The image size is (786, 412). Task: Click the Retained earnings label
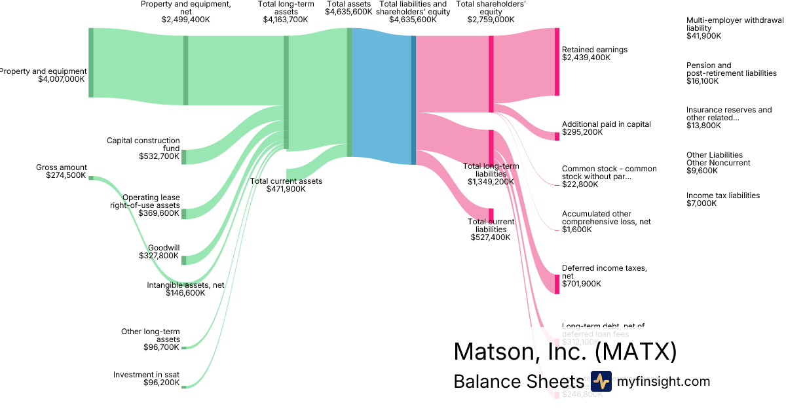click(x=594, y=50)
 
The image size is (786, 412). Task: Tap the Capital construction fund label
click(x=143, y=144)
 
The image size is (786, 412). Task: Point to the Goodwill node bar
click(x=184, y=260)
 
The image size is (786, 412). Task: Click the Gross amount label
click(x=62, y=167)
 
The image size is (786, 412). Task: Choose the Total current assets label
click(x=286, y=181)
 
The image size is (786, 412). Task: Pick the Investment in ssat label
click(x=146, y=375)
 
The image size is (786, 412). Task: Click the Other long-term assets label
click(x=150, y=335)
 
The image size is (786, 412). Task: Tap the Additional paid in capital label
click(x=606, y=124)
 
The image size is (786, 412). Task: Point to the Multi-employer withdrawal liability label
click(x=734, y=24)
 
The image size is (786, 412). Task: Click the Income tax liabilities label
click(x=722, y=196)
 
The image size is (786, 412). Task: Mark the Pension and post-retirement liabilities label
click(x=731, y=69)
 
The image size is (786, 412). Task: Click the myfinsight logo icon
click(x=601, y=381)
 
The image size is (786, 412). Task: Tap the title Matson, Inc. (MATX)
click(x=565, y=352)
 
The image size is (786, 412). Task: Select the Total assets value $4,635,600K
click(x=348, y=12)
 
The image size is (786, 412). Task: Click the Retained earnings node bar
click(x=557, y=62)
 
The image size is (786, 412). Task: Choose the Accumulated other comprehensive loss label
click(x=606, y=218)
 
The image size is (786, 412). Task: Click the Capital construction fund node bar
click(x=184, y=157)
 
